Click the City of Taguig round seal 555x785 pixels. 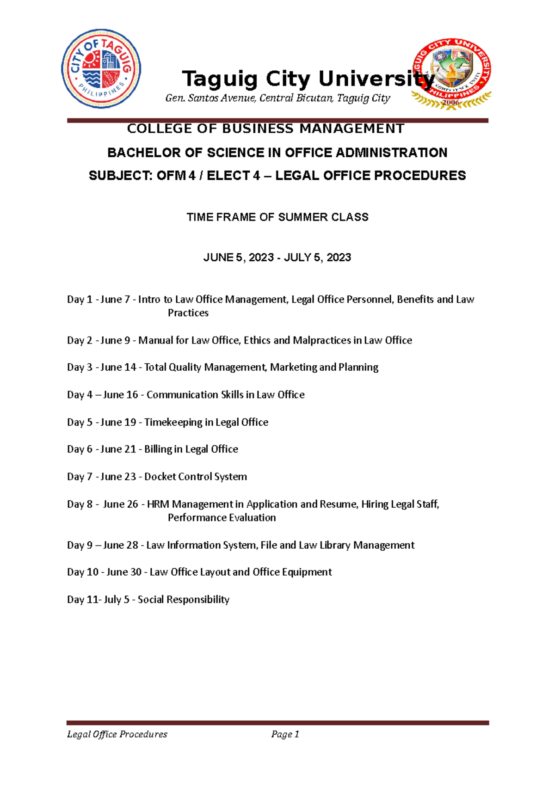[101, 68]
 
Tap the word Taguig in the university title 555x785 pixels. [220, 79]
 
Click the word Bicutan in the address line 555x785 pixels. [314, 98]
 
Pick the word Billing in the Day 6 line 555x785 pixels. [158, 449]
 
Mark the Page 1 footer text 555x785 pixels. [285, 734]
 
